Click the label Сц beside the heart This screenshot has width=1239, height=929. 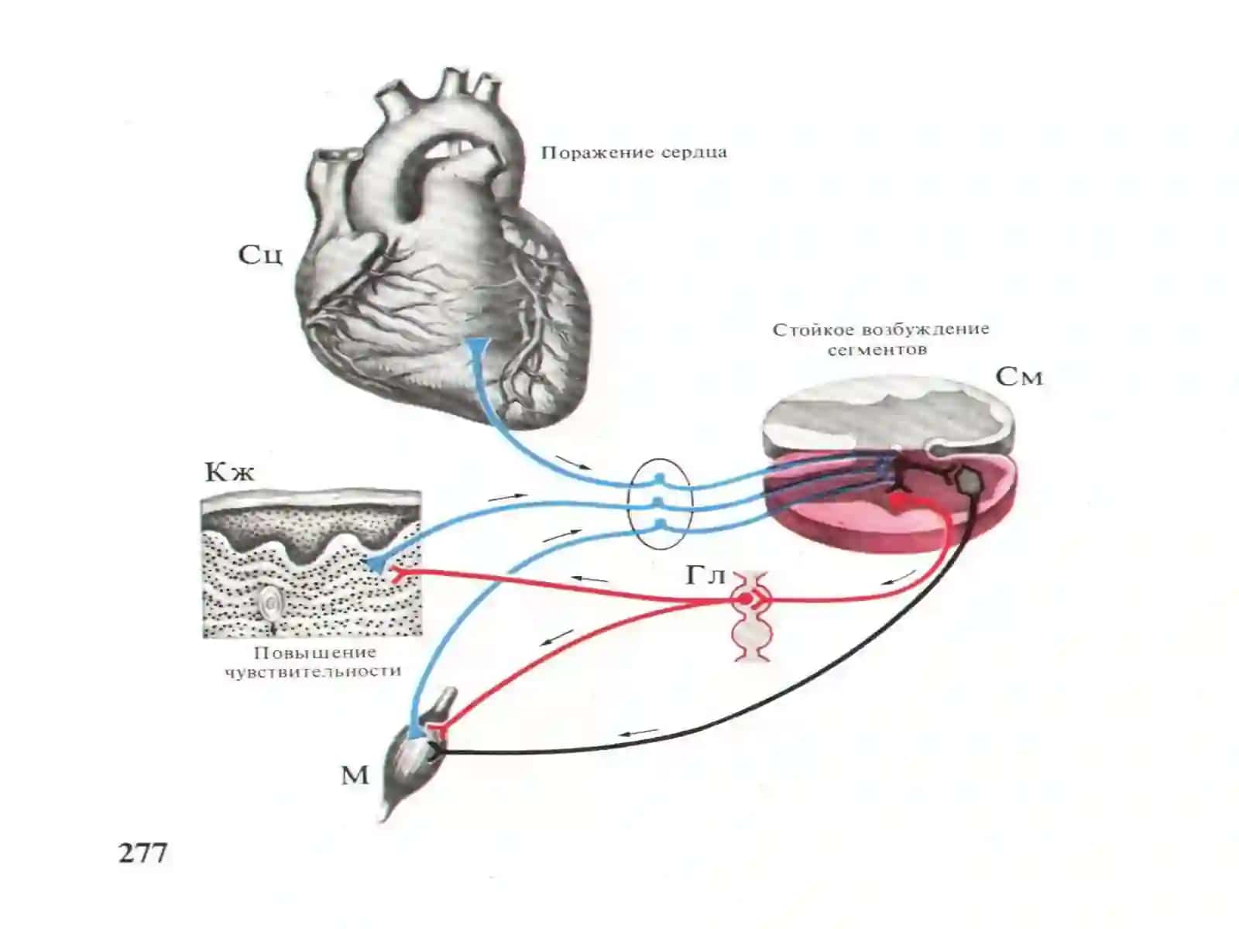(259, 255)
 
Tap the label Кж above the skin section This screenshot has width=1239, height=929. (230, 472)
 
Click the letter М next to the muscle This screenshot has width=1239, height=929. (355, 776)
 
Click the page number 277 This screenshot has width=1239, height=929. (142, 853)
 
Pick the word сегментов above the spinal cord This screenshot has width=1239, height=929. (877, 350)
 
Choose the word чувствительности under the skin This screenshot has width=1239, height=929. (314, 672)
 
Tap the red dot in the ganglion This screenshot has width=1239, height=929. (746, 598)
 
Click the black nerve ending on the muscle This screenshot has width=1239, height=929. (437, 749)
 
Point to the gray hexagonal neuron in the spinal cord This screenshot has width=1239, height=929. (970, 480)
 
